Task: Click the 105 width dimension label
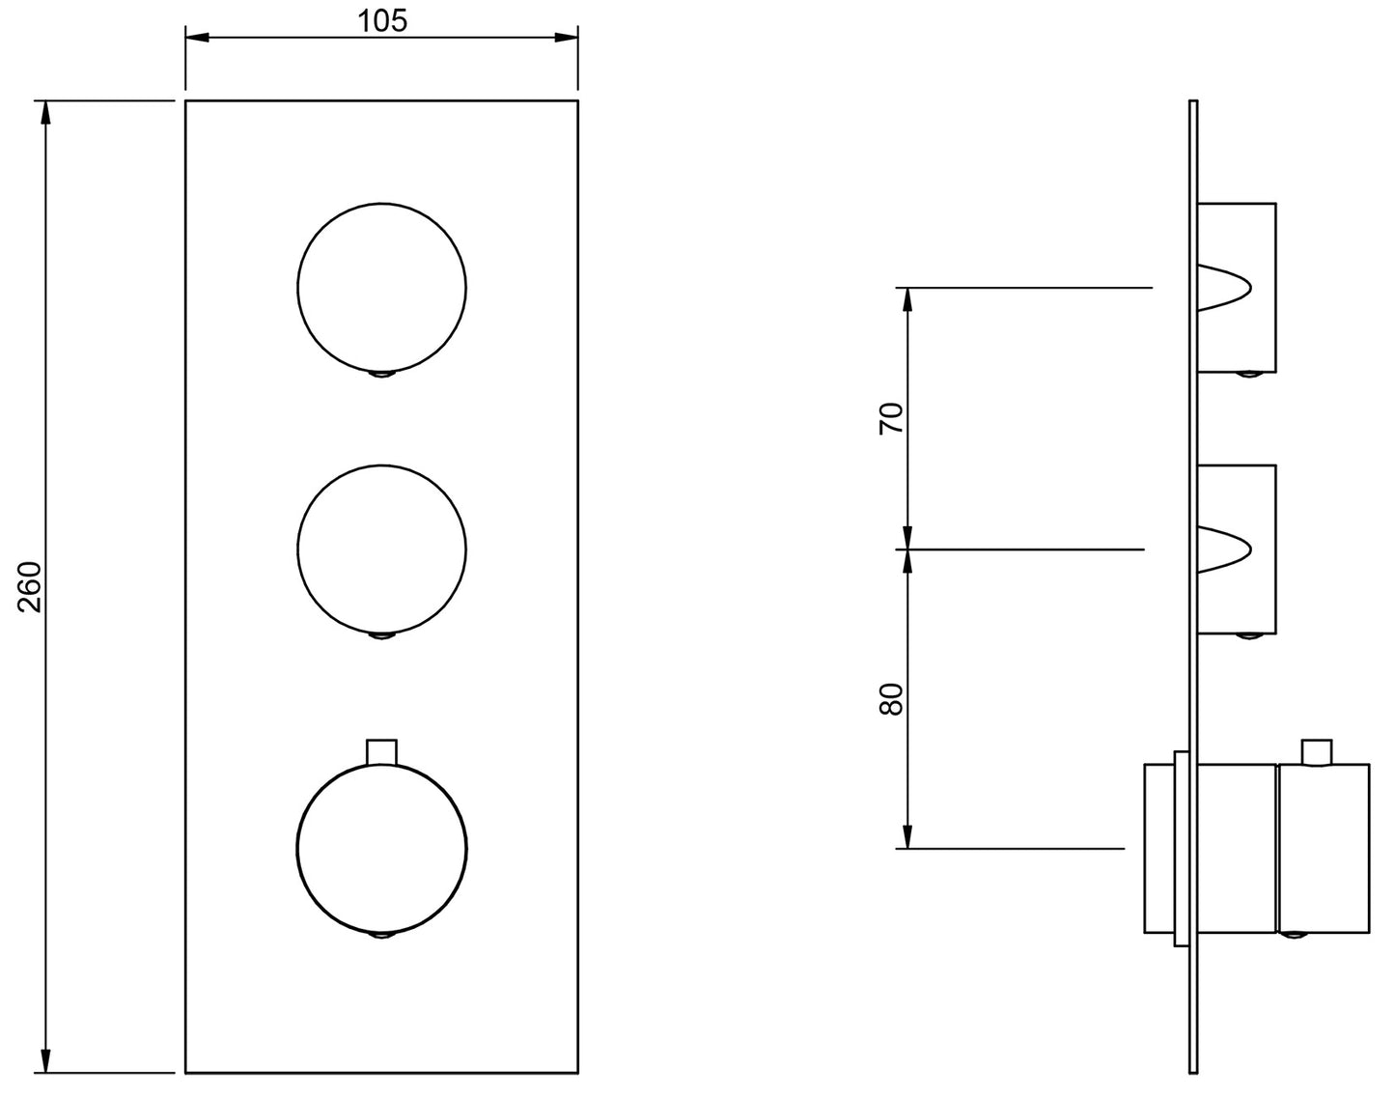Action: coord(382,20)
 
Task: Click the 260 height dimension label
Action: coord(30,586)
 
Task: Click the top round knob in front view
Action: coord(382,287)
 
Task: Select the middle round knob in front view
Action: coord(382,549)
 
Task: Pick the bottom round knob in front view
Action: coord(382,850)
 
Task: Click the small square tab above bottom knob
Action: coord(382,751)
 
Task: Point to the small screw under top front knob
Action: coord(382,374)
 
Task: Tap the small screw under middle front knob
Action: coord(382,636)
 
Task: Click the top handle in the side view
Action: coord(1237,287)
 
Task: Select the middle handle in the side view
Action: coord(1237,549)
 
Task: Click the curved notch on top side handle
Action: coord(1224,287)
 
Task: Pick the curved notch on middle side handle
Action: coord(1224,549)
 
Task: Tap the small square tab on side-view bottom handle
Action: coord(1317,752)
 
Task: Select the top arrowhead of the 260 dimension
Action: coord(44,112)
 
